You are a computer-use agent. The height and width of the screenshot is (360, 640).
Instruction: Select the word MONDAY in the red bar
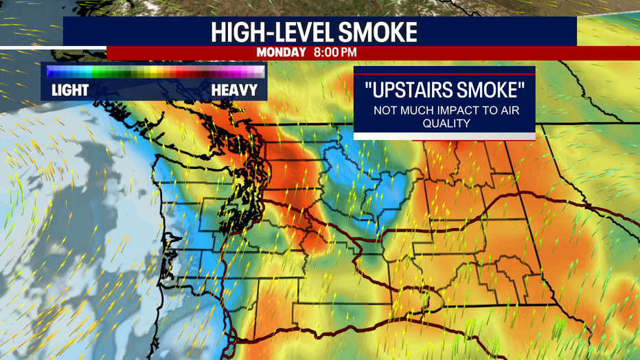(282, 52)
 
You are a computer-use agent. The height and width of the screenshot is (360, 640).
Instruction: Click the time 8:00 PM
(336, 52)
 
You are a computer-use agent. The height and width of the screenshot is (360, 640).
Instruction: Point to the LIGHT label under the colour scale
(70, 90)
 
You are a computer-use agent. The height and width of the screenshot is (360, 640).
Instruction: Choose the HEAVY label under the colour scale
(234, 90)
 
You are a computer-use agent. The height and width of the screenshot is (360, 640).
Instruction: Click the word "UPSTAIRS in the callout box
(408, 89)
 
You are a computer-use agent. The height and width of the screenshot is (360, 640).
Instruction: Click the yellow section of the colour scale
(152, 71)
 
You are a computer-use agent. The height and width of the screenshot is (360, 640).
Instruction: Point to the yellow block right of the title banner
(608, 32)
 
